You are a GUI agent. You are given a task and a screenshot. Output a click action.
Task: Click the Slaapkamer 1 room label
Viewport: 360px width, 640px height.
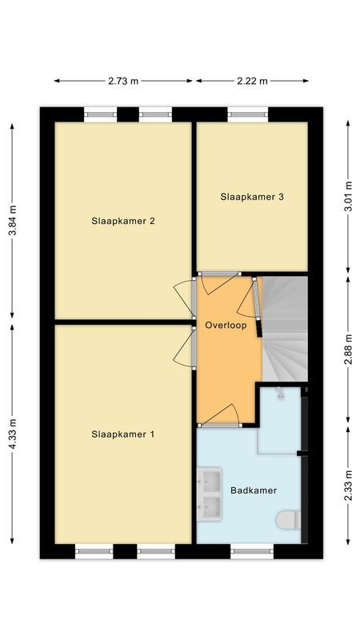(x=122, y=434)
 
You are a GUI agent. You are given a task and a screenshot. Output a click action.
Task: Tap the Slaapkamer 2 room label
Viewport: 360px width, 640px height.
(x=122, y=222)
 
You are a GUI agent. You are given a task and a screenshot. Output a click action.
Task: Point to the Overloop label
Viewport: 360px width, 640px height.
(x=225, y=326)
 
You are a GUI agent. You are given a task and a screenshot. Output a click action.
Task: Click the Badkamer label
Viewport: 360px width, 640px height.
(x=254, y=490)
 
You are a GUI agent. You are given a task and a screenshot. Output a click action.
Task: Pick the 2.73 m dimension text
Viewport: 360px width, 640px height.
(x=124, y=81)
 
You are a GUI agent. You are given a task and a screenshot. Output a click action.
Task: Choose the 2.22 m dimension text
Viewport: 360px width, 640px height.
(x=253, y=81)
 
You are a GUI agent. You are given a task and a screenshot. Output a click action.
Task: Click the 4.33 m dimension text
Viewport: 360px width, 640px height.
(x=12, y=434)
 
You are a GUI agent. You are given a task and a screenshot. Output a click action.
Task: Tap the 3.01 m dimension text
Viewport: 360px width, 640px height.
(x=347, y=197)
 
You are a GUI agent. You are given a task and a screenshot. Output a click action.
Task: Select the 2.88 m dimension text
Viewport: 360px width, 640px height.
(x=347, y=349)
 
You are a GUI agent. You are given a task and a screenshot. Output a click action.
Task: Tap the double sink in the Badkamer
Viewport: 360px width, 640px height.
(x=210, y=494)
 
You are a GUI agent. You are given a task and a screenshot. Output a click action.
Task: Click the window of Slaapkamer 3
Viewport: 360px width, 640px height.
(x=248, y=114)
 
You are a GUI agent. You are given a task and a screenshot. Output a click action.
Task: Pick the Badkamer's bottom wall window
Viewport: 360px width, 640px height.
(x=251, y=550)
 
